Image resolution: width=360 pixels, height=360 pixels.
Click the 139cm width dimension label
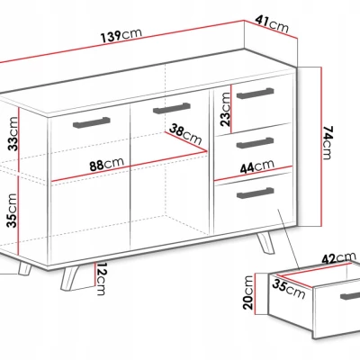(121, 36)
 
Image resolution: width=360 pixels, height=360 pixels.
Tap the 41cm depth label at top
(272, 24)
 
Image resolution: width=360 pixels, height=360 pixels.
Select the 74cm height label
(328, 142)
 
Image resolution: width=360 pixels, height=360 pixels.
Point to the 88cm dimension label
(106, 164)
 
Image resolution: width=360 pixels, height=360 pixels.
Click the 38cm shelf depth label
(185, 134)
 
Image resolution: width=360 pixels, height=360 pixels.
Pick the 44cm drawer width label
(257, 166)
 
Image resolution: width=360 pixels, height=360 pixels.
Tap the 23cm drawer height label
(225, 109)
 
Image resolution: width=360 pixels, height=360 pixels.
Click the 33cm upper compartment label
(13, 134)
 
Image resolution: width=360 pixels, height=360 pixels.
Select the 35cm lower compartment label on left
(13, 211)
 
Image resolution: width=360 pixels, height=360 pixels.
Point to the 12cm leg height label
(101, 279)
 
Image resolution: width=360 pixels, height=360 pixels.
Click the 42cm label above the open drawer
(339, 258)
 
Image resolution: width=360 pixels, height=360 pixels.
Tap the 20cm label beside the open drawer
(248, 292)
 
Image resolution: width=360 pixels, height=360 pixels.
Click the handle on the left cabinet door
(92, 122)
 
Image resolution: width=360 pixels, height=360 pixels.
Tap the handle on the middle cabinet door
(172, 108)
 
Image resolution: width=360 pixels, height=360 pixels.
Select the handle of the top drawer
(256, 94)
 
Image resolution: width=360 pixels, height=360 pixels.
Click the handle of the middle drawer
(256, 143)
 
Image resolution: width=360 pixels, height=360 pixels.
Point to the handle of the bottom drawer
(256, 193)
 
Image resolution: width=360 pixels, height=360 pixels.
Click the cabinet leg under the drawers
(265, 242)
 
